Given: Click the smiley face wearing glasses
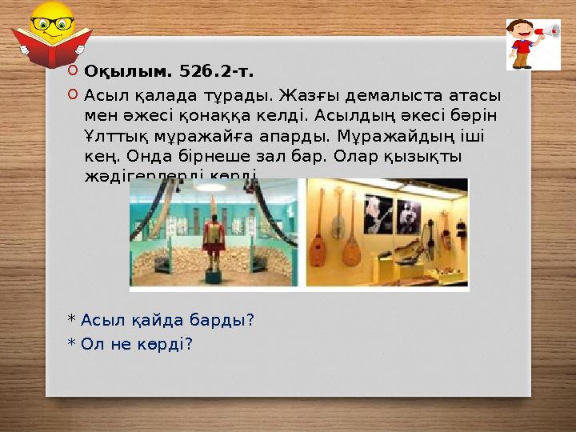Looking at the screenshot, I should pos(50,23).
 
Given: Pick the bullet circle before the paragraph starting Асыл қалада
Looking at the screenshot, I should pos(73,94).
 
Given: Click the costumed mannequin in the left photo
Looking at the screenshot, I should pos(213,240).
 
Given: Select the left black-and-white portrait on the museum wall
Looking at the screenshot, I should pos(375,214).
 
